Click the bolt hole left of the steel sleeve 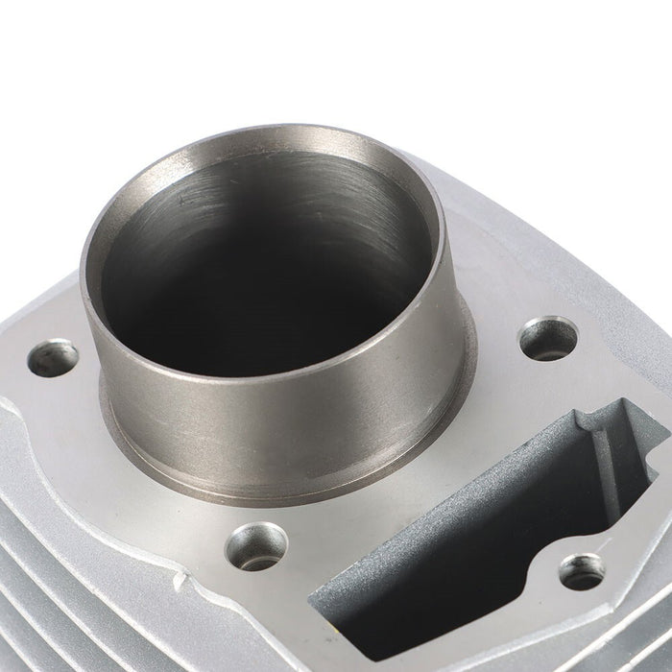click(52, 358)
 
